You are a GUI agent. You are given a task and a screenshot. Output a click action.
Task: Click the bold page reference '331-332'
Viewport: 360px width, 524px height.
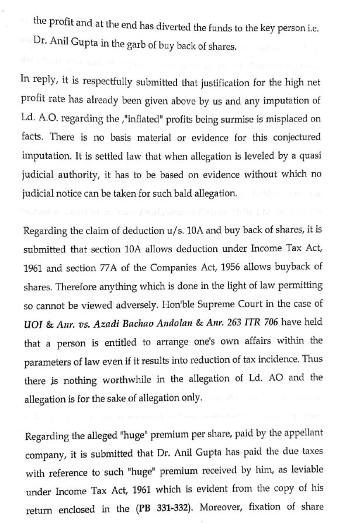click(167, 508)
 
